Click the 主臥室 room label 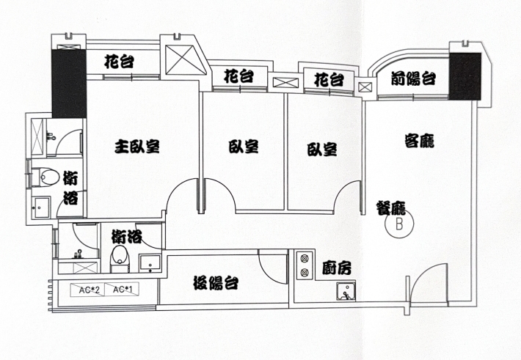pos(137,147)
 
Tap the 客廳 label pos(419,140)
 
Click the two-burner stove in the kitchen pos(304,265)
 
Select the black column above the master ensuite pos(68,84)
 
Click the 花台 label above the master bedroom pos(120,62)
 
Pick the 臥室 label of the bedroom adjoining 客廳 pos(321,150)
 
